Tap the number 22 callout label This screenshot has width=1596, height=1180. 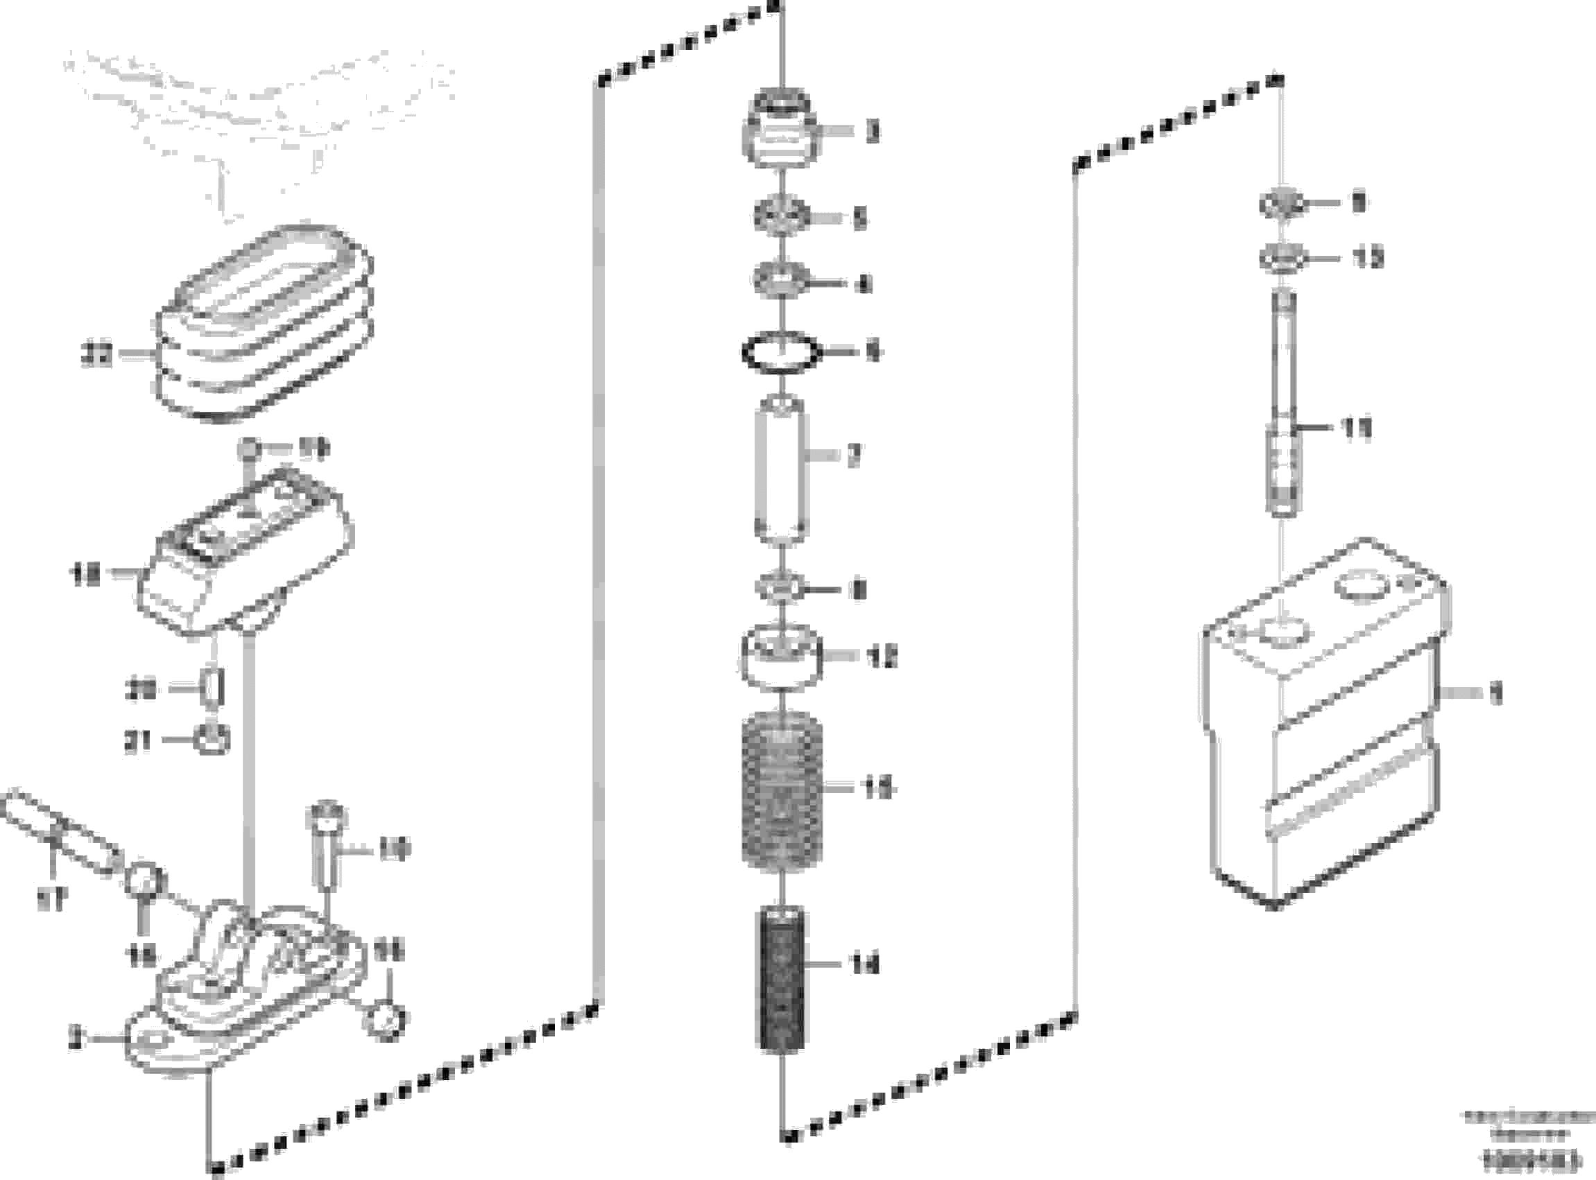click(x=96, y=355)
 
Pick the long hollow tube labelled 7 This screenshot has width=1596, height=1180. click(x=781, y=470)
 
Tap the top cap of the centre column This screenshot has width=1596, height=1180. click(x=782, y=129)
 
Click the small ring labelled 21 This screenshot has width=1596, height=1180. click(x=212, y=740)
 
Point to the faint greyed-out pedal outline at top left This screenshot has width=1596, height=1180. click(x=257, y=121)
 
